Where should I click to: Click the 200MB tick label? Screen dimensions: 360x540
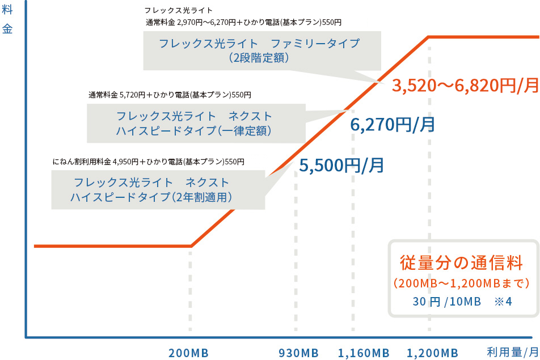pyautogui.click(x=188, y=353)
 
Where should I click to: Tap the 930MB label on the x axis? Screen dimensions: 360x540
pyautogui.click(x=298, y=353)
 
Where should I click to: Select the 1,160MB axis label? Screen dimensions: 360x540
pyautogui.click(x=364, y=353)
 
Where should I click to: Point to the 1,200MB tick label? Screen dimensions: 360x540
pyautogui.click(x=432, y=353)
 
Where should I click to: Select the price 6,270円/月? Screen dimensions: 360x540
pyautogui.click(x=393, y=125)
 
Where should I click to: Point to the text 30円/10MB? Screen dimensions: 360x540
pyautogui.click(x=446, y=301)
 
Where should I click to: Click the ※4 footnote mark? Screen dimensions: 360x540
pyautogui.click(x=503, y=301)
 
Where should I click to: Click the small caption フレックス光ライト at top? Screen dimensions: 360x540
pyautogui.click(x=178, y=10)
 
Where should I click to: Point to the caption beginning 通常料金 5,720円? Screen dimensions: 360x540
pyautogui.click(x=170, y=95)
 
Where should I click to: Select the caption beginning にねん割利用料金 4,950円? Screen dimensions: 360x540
pyautogui.click(x=148, y=162)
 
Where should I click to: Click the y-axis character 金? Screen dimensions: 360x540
pyautogui.click(x=7, y=29)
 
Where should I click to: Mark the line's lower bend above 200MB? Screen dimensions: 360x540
pyautogui.click(x=191, y=246)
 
